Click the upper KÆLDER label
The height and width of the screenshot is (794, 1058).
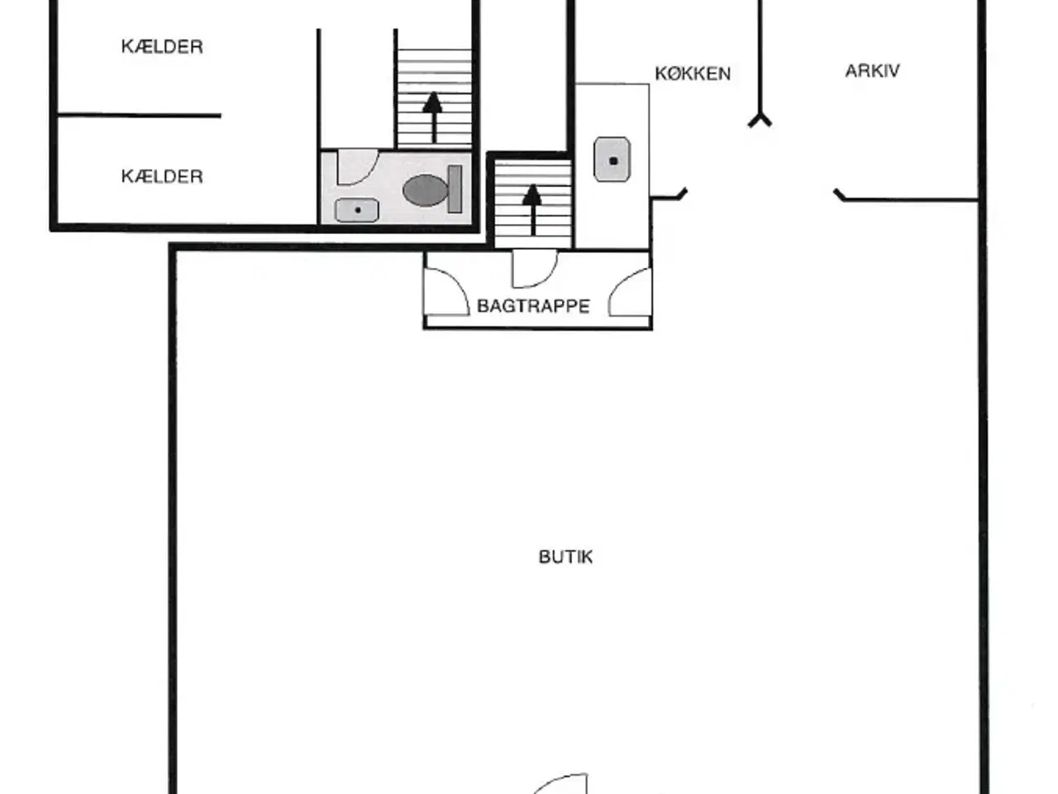tap(162, 47)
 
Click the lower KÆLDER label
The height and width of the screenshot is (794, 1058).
tap(162, 176)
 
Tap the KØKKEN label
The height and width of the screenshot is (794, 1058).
tap(693, 74)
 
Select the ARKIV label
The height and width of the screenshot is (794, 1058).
tap(872, 71)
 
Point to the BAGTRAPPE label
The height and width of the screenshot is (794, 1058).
tap(533, 306)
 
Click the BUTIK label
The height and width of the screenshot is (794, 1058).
tap(565, 557)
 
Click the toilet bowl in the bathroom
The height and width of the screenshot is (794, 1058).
tap(425, 190)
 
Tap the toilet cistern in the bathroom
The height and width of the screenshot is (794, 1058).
tap(455, 189)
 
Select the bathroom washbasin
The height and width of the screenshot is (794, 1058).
tap(357, 210)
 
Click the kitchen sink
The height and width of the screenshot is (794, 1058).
tap(612, 160)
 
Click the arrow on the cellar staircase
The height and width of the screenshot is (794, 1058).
tap(433, 117)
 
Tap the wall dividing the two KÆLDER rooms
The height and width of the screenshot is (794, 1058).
tap(140, 116)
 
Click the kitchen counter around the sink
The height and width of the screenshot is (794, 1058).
tap(612, 166)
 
